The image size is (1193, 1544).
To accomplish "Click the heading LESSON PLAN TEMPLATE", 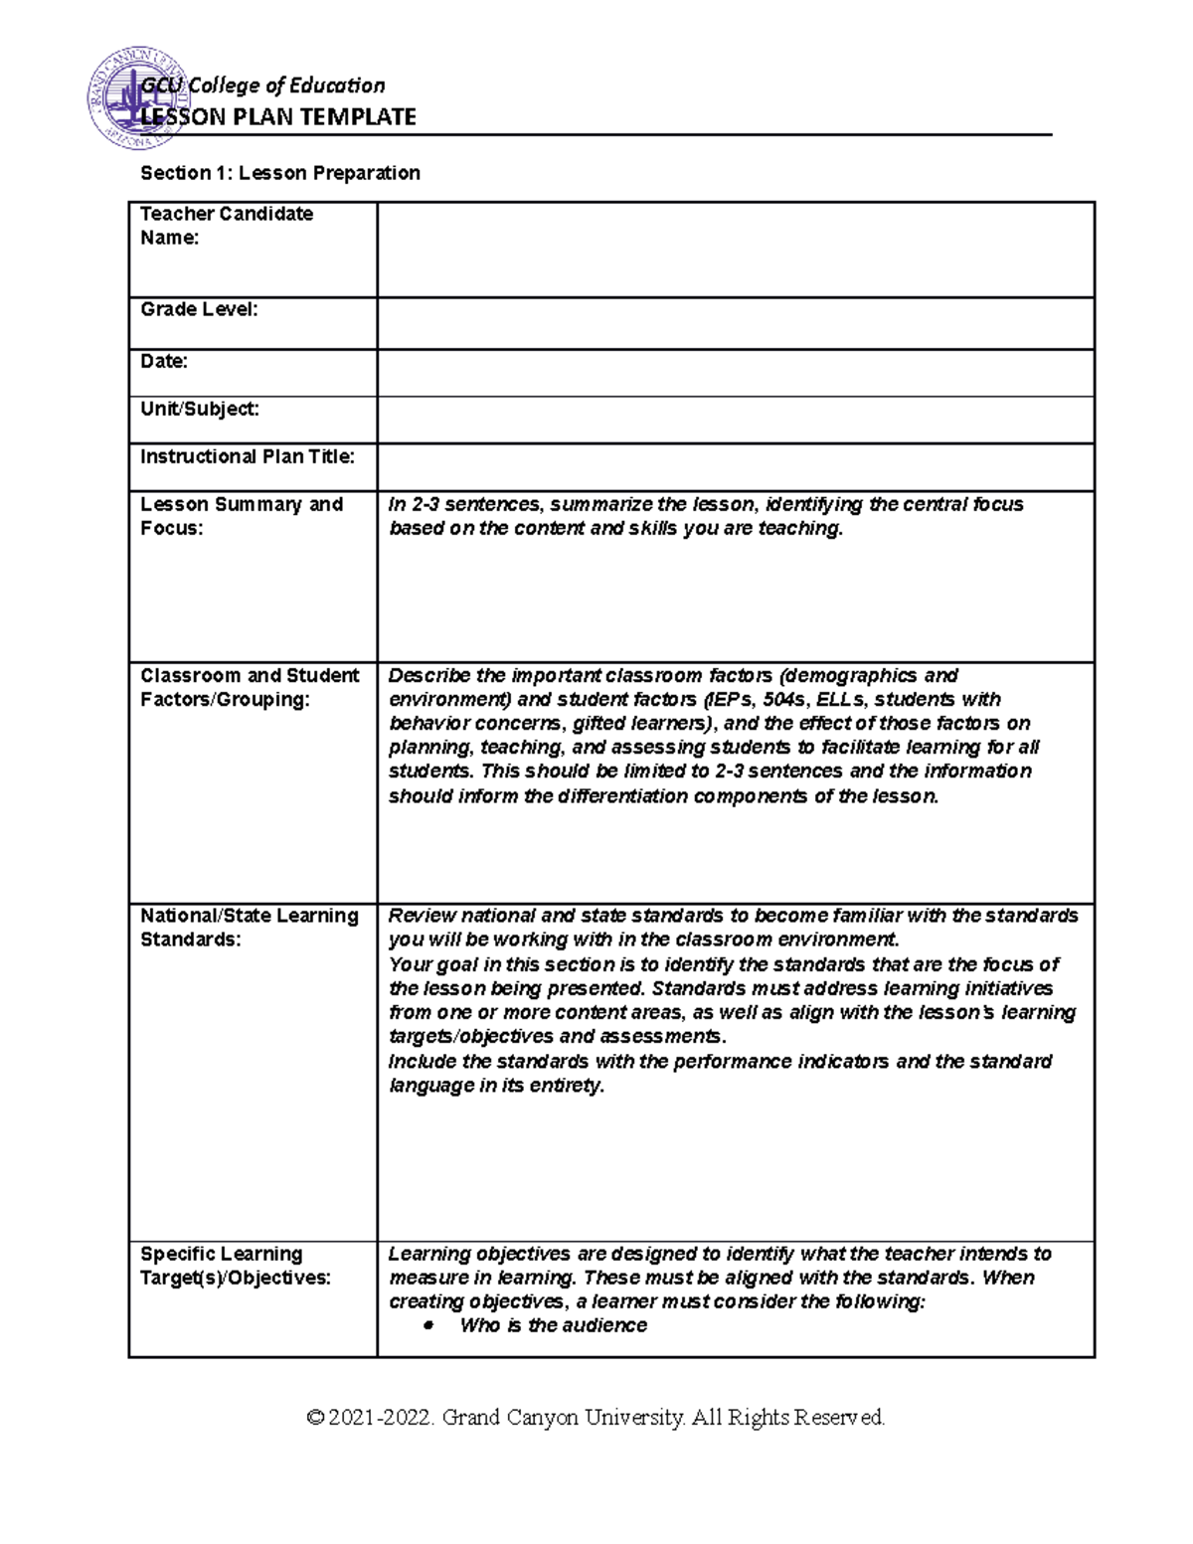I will [x=278, y=117].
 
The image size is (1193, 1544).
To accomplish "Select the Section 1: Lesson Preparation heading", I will [x=280, y=173].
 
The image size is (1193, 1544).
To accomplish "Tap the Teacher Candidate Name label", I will [x=227, y=226].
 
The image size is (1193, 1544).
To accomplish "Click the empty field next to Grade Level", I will [x=736, y=323].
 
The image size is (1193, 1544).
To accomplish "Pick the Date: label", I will [x=164, y=362].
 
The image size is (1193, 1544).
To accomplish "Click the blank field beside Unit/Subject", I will [x=736, y=420].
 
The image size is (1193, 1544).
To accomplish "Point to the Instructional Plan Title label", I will [x=248, y=457].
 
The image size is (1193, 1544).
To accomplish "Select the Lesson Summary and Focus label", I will [x=242, y=516].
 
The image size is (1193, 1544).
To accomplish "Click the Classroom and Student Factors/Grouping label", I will [x=250, y=687].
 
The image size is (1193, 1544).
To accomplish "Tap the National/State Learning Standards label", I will [x=250, y=927].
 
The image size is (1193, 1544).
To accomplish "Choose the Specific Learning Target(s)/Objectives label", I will [x=236, y=1266].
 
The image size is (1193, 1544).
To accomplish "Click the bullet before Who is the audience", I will [x=428, y=1326].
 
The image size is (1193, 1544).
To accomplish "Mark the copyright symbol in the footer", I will [x=316, y=1418].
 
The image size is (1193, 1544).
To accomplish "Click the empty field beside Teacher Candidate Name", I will [x=736, y=250].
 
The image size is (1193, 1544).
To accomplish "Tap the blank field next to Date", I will [x=736, y=373].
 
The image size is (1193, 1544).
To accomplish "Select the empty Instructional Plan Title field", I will [x=736, y=467].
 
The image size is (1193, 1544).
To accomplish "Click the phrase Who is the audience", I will [x=553, y=1325].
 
